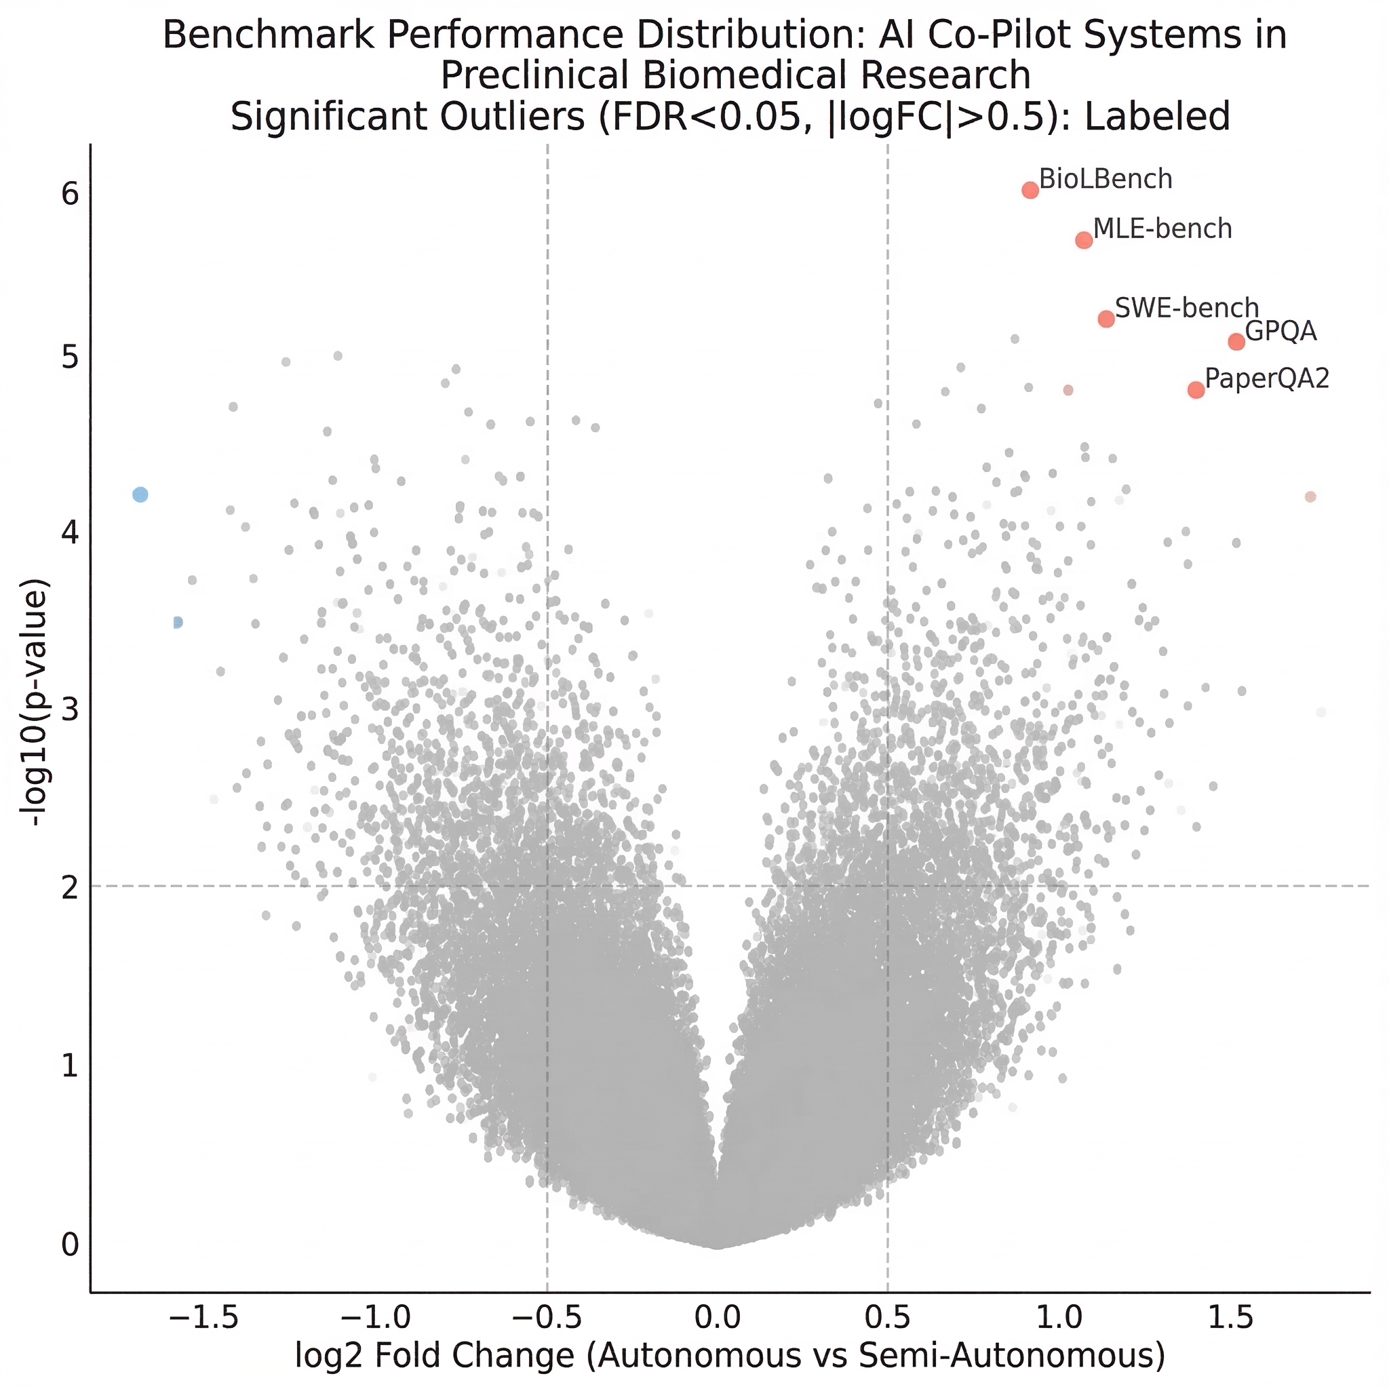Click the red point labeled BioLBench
pyautogui.click(x=1030, y=190)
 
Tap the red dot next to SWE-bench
pyautogui.click(x=1106, y=319)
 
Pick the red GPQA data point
pyautogui.click(x=1236, y=342)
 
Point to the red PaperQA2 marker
pyautogui.click(x=1196, y=390)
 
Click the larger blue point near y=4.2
pyautogui.click(x=141, y=494)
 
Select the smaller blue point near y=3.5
pyautogui.click(x=178, y=622)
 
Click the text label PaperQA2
pyautogui.click(x=1267, y=378)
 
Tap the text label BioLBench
pyautogui.click(x=1106, y=179)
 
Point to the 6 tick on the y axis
pyautogui.click(x=70, y=194)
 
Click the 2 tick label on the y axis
pyautogui.click(x=70, y=888)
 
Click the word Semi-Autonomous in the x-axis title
pyautogui.click(x=1011, y=1356)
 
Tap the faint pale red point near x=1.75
pyautogui.click(x=1310, y=496)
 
